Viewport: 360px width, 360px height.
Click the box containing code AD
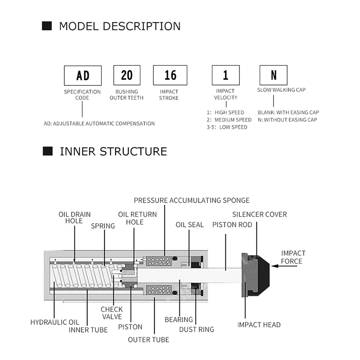83,75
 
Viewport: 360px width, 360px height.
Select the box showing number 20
126,75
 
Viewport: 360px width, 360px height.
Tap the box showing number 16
170,75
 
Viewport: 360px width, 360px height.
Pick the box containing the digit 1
225,75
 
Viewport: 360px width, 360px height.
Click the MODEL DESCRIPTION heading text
120,26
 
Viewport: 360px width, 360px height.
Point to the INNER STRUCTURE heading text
113,151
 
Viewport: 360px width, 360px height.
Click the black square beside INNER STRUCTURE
47,151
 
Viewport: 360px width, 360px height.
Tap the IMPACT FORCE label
293,257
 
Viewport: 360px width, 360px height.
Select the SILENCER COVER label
259,214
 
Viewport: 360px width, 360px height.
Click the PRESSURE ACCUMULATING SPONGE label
192,200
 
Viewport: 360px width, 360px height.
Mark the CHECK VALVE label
111,313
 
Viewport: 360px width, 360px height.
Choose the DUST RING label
197,329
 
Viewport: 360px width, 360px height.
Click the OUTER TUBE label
148,339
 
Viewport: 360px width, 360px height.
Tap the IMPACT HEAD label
259,324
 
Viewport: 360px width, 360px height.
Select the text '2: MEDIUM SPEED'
229,120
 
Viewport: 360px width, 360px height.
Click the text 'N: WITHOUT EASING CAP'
288,120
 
